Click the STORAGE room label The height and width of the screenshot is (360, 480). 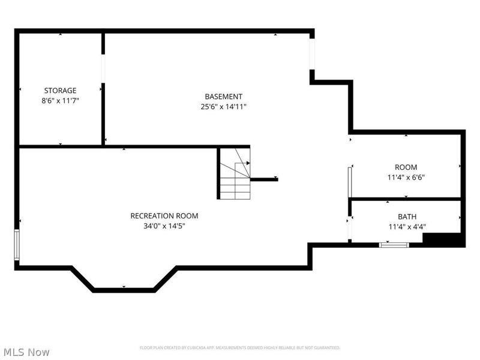[61, 91]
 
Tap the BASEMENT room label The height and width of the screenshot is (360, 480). [223, 97]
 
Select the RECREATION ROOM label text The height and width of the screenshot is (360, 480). [164, 216]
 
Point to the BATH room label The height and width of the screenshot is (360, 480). [407, 217]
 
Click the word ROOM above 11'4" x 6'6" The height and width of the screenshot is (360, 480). [406, 167]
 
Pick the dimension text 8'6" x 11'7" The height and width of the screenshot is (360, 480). [61, 101]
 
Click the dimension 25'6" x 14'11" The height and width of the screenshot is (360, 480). [223, 107]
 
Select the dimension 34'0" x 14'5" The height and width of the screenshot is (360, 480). [164, 226]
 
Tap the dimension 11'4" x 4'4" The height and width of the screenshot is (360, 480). [407, 227]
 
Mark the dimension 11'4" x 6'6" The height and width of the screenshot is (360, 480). [406, 177]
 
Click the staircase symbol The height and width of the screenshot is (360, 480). [235, 173]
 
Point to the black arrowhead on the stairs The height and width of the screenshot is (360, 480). [248, 163]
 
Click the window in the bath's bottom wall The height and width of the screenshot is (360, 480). [394, 245]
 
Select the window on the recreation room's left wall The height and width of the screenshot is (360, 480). [17, 245]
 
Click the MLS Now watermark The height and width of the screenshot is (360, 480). [26, 352]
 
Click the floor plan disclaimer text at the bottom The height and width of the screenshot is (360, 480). [239, 348]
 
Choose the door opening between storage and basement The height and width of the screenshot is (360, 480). [103, 68]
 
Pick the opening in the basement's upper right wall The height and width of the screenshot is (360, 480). [312, 54]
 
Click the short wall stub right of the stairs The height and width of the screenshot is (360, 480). [264, 179]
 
